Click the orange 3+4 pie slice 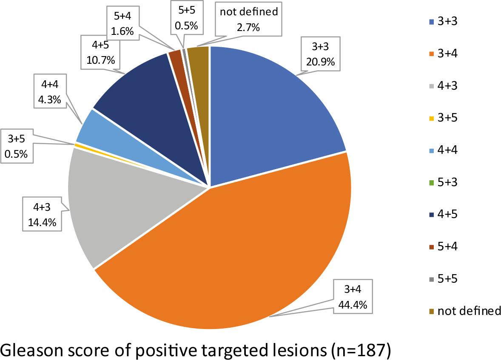point(238,255)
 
